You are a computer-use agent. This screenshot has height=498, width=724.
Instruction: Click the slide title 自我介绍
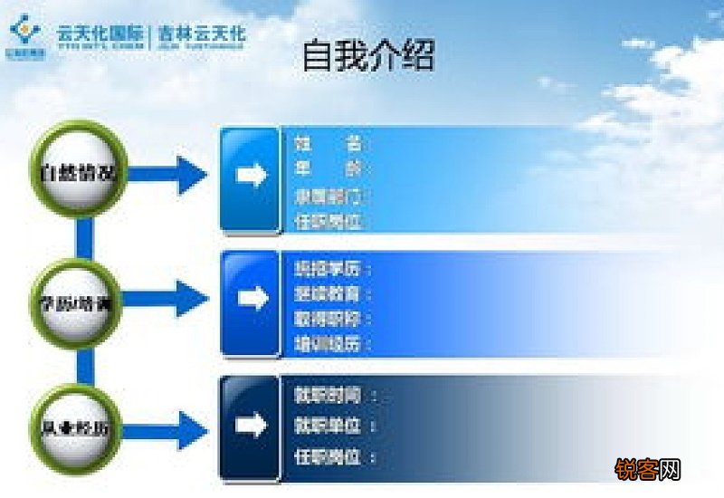[367, 55]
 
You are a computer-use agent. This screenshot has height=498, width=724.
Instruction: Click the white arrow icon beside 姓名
[252, 175]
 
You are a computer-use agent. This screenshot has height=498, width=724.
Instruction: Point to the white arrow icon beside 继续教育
[252, 298]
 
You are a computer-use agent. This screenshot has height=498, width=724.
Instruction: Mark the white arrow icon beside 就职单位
[252, 425]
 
